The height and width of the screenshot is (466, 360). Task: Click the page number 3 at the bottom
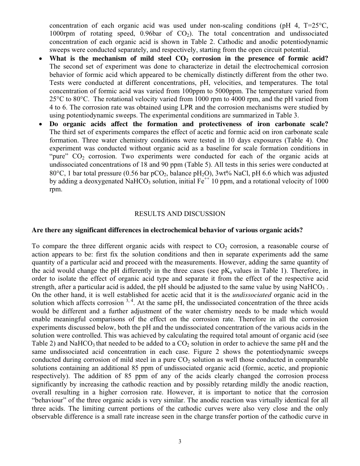click(x=180, y=441)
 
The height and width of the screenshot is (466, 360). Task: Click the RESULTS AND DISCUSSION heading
click(x=180, y=214)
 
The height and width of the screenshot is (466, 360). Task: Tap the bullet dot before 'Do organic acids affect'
click(x=41, y=125)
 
